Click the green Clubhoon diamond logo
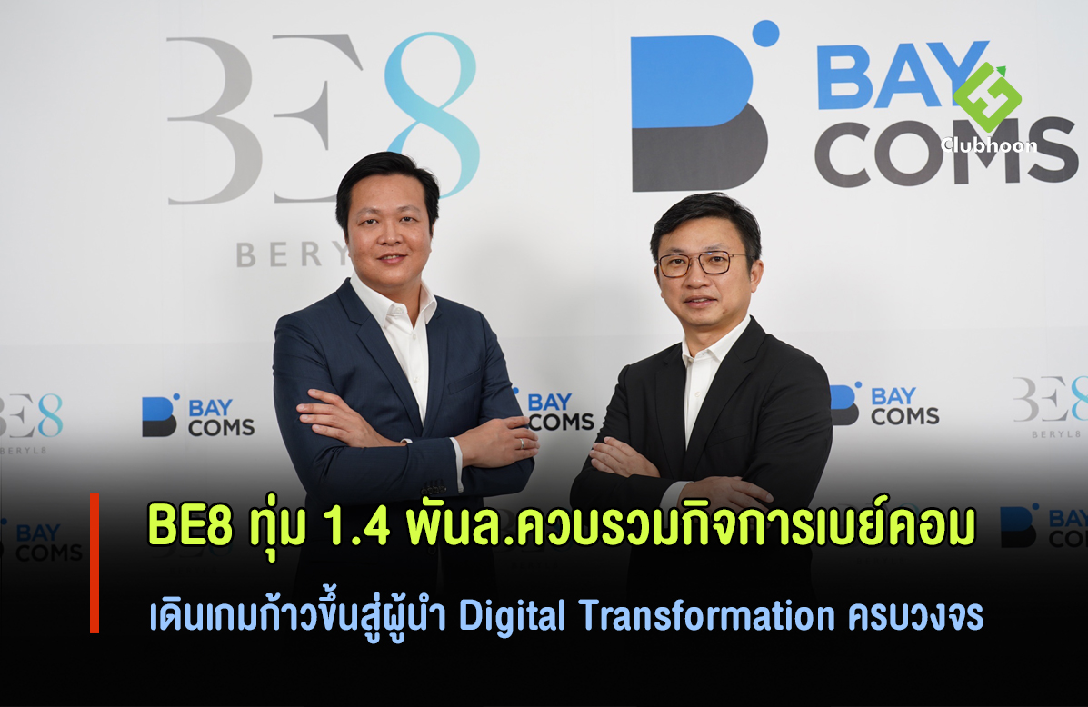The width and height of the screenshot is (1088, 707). [987, 97]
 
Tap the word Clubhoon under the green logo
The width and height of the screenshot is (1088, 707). [989, 145]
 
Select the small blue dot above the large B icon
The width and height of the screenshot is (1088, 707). [765, 34]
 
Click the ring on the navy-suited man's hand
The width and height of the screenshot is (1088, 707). [523, 443]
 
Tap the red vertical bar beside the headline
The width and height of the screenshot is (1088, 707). [95, 563]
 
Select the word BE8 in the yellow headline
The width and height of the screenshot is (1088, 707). [190, 526]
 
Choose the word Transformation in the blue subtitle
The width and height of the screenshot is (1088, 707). [705, 615]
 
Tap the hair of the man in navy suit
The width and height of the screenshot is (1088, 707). [387, 177]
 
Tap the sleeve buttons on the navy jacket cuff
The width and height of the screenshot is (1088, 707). [434, 488]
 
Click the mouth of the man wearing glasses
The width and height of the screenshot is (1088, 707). [698, 301]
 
